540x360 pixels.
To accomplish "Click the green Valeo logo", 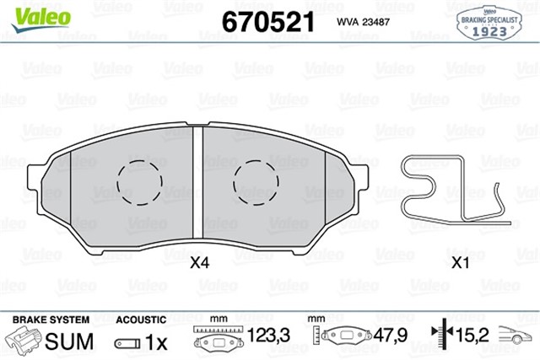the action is tap(41, 19).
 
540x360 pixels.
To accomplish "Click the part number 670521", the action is tap(268, 22).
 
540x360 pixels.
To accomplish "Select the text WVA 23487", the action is tap(363, 22).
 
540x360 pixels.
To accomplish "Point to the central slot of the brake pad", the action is tap(197, 182).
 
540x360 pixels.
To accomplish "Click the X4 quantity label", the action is tap(200, 263).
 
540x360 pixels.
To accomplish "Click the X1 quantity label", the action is tap(460, 263).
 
